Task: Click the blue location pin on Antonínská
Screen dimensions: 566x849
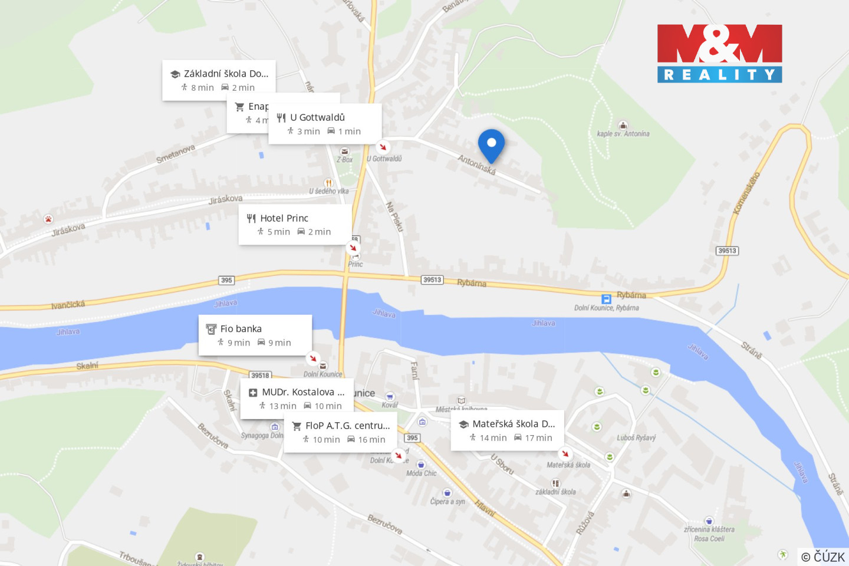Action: pyautogui.click(x=491, y=144)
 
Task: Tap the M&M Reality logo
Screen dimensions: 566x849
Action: pyautogui.click(x=719, y=53)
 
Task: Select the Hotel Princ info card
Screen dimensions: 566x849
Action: pyautogui.click(x=295, y=225)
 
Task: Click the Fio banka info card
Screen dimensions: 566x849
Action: pyautogui.click(x=255, y=335)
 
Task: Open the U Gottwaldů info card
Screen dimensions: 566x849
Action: pyautogui.click(x=325, y=124)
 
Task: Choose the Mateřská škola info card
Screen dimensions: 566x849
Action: pyautogui.click(x=507, y=430)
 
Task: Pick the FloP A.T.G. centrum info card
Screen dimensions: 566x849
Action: pyautogui.click(x=340, y=432)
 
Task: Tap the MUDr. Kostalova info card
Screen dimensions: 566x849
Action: pyautogui.click(x=297, y=399)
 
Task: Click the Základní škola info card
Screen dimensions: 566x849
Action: pyautogui.click(x=219, y=80)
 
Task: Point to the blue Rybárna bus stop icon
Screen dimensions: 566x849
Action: pyautogui.click(x=606, y=299)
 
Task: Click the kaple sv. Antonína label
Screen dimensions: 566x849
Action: pyautogui.click(x=623, y=134)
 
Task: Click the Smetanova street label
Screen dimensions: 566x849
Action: pyautogui.click(x=175, y=154)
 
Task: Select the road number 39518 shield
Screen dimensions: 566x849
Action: pyautogui.click(x=260, y=375)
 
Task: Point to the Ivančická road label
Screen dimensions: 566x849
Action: pyautogui.click(x=68, y=305)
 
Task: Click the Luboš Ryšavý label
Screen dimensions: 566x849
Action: pyautogui.click(x=636, y=438)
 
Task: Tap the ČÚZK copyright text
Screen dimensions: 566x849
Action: pyautogui.click(x=823, y=557)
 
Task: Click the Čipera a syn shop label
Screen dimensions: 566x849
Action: pyautogui.click(x=447, y=502)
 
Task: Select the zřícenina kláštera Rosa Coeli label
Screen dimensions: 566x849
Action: pyautogui.click(x=709, y=534)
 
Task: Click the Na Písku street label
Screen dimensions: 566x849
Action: pyautogui.click(x=394, y=216)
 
